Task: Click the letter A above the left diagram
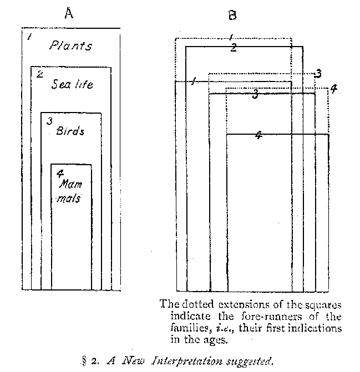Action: tap(69, 15)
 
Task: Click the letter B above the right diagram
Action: tap(232, 16)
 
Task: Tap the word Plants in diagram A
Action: tap(70, 45)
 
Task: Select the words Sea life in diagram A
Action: tap(72, 84)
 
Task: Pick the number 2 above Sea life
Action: tap(39, 74)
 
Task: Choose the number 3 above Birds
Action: tap(49, 121)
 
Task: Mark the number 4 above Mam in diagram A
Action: tap(59, 172)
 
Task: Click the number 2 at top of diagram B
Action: tap(234, 48)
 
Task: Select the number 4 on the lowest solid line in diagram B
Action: tap(258, 135)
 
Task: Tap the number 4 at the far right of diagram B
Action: tap(333, 89)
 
